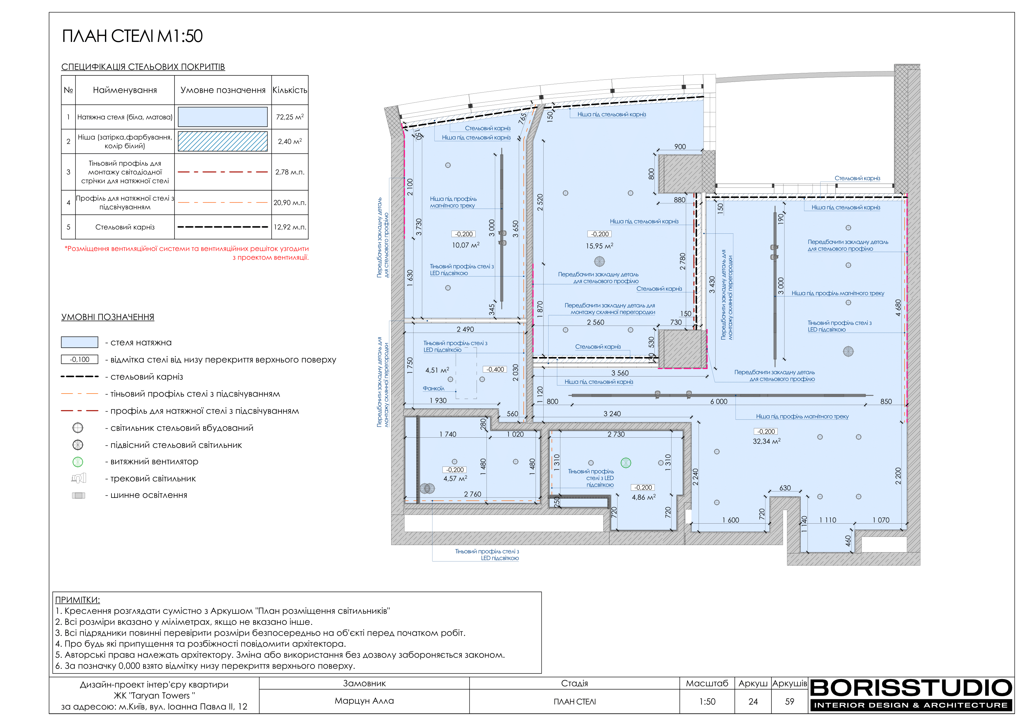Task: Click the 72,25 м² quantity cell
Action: tap(290, 117)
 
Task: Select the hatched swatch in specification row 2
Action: tap(223, 141)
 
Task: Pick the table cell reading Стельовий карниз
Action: tap(125, 227)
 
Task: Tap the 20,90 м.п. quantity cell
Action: tap(290, 203)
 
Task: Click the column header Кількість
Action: tap(290, 90)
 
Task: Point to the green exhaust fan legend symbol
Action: tap(78, 462)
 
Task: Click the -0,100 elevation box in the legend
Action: tap(79, 360)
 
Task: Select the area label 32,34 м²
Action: tap(767, 441)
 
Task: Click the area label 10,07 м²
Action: tap(466, 245)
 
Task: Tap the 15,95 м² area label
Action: tap(599, 246)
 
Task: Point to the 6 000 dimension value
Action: tap(719, 402)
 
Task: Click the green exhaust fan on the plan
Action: tap(626, 463)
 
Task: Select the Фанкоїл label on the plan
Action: tap(433, 388)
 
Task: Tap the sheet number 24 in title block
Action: tap(753, 701)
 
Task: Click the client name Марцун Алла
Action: tap(364, 701)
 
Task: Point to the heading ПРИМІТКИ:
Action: tap(77, 600)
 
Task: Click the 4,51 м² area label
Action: tap(437, 370)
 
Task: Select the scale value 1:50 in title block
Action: tap(707, 701)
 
